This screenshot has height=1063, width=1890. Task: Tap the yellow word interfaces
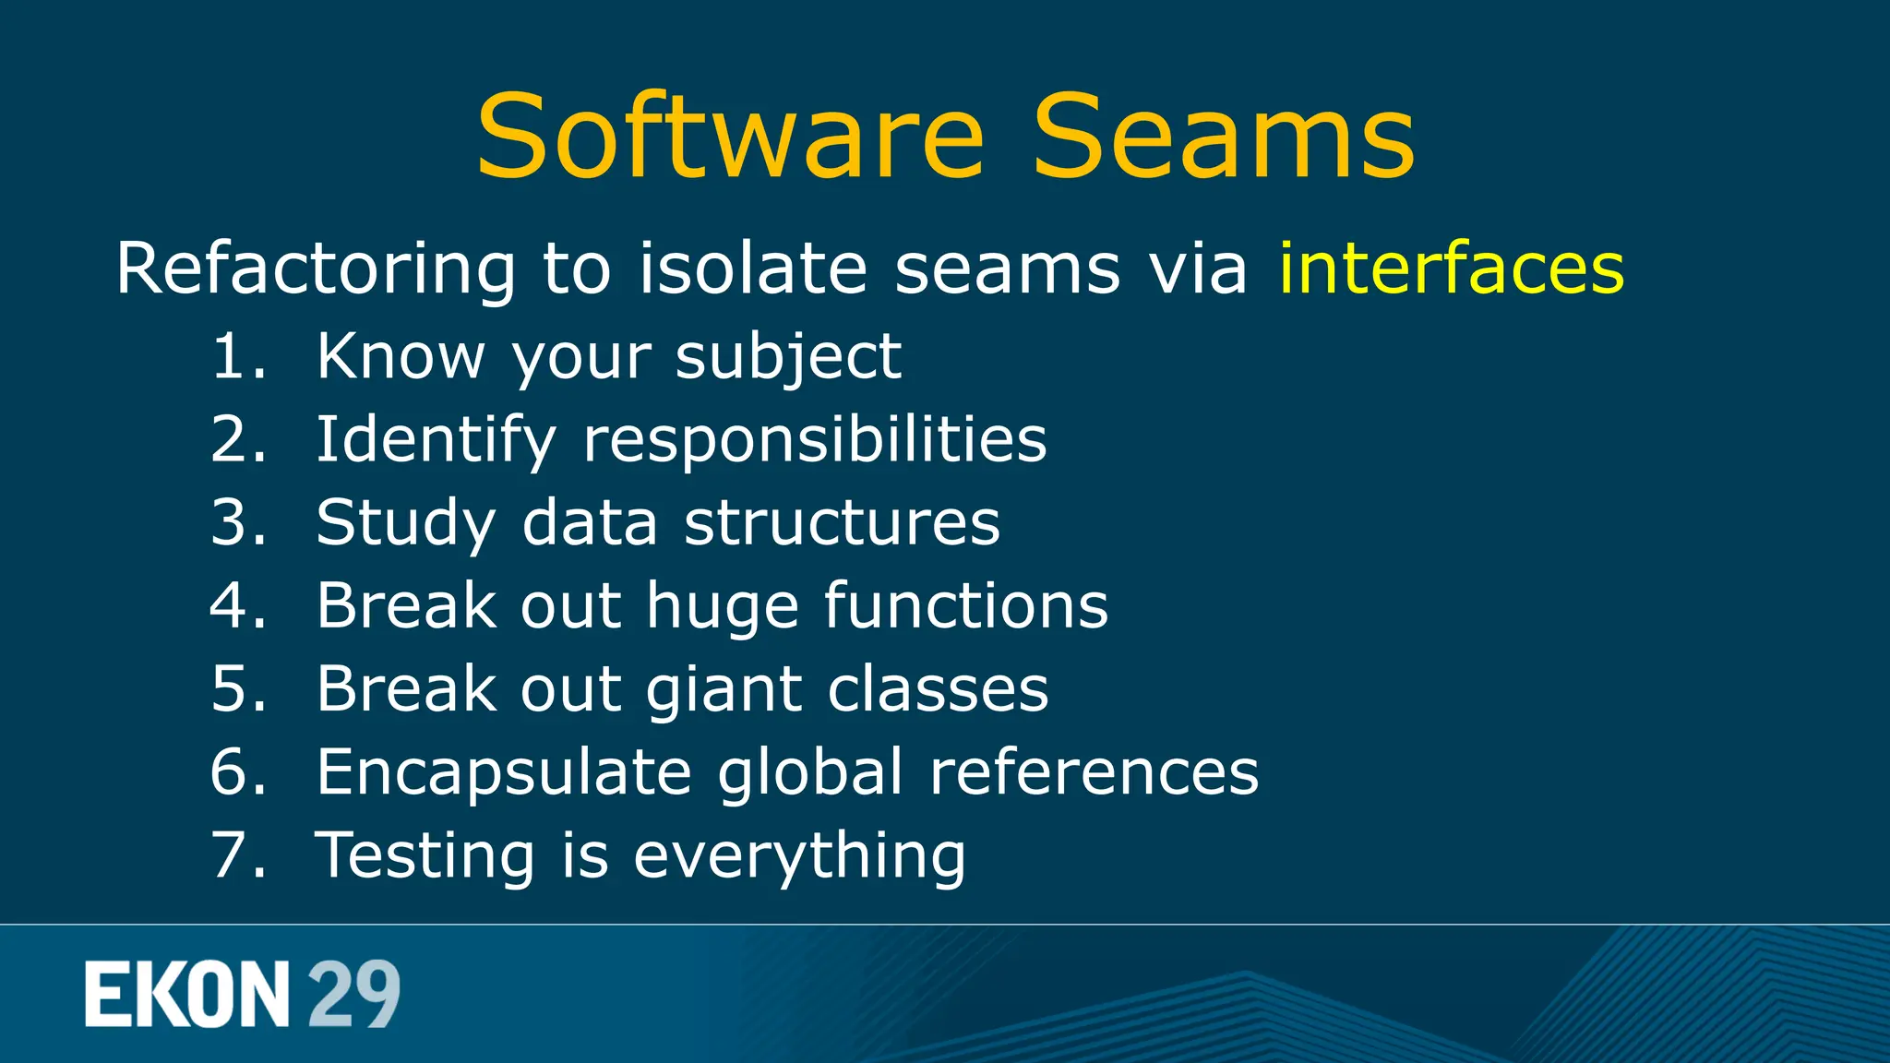click(x=1451, y=269)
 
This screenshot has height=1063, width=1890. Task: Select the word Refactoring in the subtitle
click(x=315, y=269)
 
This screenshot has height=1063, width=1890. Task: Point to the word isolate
click(x=753, y=269)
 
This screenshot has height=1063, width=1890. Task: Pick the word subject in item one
click(x=788, y=358)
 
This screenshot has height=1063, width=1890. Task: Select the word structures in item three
click(x=842, y=522)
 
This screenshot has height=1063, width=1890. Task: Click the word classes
click(x=938, y=689)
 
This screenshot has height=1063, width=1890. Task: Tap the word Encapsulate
click(x=504, y=773)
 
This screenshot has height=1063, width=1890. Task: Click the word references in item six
click(x=1094, y=772)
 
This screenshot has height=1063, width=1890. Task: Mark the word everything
click(x=799, y=856)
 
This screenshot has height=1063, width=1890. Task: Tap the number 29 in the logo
click(x=353, y=994)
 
